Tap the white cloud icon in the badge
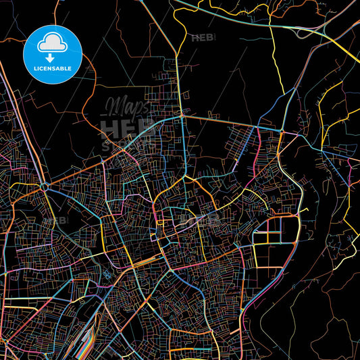pyautogui.click(x=53, y=42)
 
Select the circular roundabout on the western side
pyautogui.click(x=45, y=186)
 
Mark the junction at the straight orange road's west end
pyautogui.click(x=182, y=116)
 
